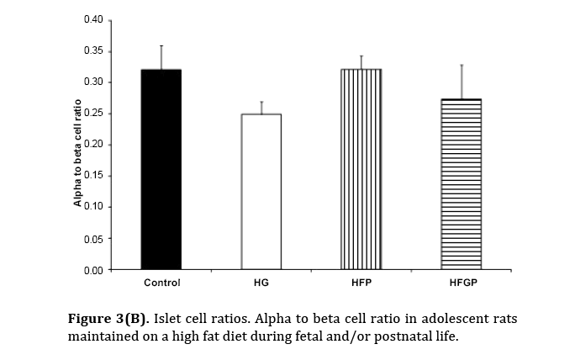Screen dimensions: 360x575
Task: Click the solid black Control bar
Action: [161, 168]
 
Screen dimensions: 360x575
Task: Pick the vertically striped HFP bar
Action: [361, 168]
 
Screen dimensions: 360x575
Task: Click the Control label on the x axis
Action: [161, 283]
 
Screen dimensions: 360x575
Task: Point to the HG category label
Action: [261, 283]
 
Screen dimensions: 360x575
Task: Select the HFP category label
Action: [361, 283]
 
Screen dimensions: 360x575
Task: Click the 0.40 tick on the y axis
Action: [93, 19]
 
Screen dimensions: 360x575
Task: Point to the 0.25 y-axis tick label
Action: [93, 114]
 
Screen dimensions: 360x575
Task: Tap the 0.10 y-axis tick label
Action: [93, 207]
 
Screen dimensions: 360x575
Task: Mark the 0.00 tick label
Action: [93, 270]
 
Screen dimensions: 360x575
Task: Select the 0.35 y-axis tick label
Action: [93, 51]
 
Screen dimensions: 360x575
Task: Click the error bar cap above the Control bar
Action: [161, 45]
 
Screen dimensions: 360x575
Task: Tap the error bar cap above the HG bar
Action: [261, 102]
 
